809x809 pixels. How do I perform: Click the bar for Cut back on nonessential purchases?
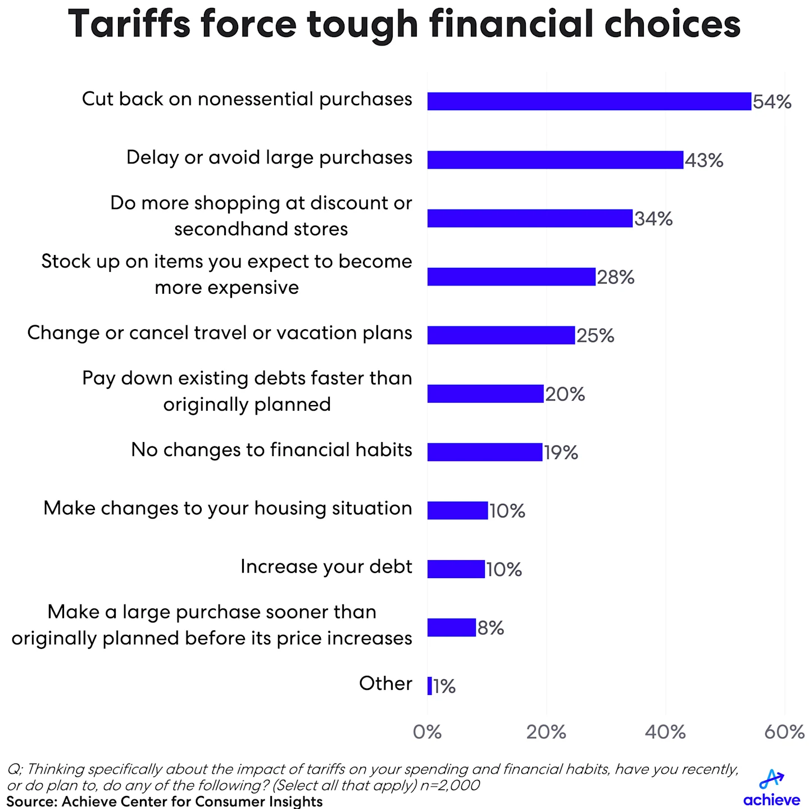(x=589, y=101)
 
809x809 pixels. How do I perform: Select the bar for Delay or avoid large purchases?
(x=555, y=160)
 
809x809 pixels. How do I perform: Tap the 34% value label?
(x=653, y=219)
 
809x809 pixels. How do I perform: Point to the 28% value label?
(x=616, y=277)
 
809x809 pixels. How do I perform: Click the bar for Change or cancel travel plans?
(x=501, y=335)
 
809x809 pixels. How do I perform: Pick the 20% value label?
(x=565, y=394)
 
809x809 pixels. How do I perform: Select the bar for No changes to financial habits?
(x=484, y=452)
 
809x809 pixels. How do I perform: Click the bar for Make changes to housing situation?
(x=457, y=511)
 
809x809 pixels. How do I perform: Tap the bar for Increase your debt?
(x=456, y=569)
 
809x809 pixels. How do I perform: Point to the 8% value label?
(x=490, y=628)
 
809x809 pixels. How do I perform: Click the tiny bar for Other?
(x=430, y=686)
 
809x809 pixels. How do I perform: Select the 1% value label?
(x=444, y=686)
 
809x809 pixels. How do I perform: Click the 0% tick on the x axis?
(x=427, y=731)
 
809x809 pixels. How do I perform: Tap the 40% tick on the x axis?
(x=665, y=731)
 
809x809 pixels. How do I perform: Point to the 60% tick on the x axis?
(x=784, y=731)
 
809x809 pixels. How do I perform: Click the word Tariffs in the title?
(x=129, y=25)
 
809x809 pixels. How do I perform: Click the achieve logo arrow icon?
(x=771, y=779)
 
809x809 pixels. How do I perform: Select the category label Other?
(x=385, y=684)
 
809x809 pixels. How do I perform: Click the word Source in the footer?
(x=31, y=801)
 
